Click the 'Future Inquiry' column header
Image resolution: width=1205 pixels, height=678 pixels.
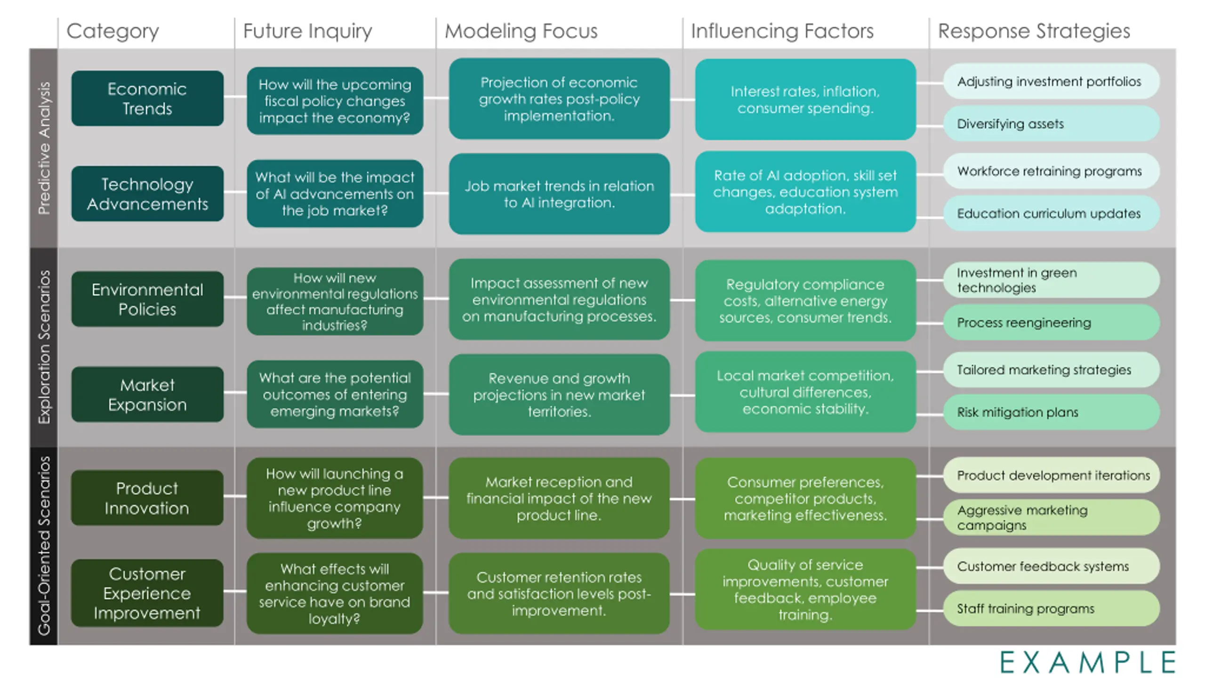[307, 31]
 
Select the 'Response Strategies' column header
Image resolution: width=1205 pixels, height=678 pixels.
[1034, 31]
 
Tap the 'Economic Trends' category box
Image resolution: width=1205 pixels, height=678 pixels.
[147, 98]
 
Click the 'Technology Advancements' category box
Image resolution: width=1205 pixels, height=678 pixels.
[147, 194]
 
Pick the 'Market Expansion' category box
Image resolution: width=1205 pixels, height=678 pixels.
[147, 395]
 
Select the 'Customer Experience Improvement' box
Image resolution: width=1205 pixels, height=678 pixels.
[147, 593]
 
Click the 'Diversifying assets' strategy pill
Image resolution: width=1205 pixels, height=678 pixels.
[1052, 124]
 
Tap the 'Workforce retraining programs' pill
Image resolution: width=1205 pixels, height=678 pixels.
[1052, 171]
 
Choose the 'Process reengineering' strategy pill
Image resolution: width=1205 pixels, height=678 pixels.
[1052, 323]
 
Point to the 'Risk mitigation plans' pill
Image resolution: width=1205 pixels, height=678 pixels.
[1052, 412]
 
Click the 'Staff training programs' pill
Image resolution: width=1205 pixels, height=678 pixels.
[1052, 608]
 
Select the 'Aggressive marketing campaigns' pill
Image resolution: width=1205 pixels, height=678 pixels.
[1052, 517]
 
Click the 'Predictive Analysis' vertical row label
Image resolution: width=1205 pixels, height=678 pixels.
[44, 148]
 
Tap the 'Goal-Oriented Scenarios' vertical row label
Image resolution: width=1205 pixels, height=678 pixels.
[44, 546]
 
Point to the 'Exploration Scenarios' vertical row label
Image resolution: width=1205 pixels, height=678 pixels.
[44, 347]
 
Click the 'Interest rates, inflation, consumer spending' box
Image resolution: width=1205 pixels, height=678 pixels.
[805, 99]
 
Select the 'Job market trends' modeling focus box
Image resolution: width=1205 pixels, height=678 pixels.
[559, 194]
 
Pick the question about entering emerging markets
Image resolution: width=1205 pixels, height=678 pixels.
[335, 394]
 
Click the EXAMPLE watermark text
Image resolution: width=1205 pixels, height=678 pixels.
[1088, 662]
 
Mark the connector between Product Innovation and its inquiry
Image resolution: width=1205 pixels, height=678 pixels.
[235, 496]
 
